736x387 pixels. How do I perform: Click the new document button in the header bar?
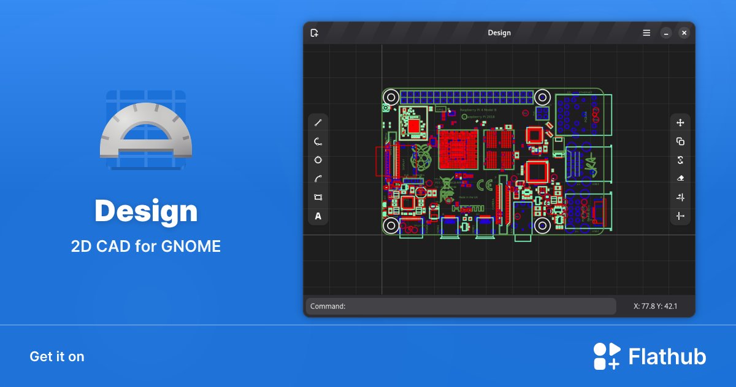[314, 33]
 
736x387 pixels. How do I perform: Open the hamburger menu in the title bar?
[646, 33]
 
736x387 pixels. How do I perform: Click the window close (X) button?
[684, 33]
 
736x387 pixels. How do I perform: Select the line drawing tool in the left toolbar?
[318, 123]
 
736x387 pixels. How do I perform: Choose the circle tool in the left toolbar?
[318, 160]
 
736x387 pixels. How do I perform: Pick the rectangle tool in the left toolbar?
[318, 197]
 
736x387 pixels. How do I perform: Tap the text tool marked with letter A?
[318, 216]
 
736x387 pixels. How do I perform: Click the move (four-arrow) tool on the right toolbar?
[680, 123]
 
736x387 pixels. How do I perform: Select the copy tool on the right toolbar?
[680, 141]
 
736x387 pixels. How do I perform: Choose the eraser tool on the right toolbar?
[680, 178]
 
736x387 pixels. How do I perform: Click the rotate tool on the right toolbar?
[680, 160]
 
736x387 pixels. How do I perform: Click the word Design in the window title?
[499, 33]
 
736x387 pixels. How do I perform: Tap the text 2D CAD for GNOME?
[146, 246]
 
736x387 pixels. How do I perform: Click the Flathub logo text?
[667, 356]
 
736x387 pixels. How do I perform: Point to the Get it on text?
[57, 356]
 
